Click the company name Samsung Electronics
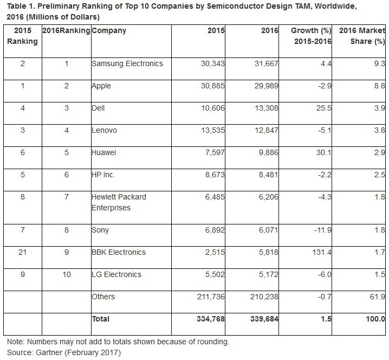(x=127, y=63)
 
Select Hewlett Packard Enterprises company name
(x=119, y=202)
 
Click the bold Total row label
(x=101, y=319)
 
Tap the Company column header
(x=109, y=31)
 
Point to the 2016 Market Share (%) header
(x=362, y=36)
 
